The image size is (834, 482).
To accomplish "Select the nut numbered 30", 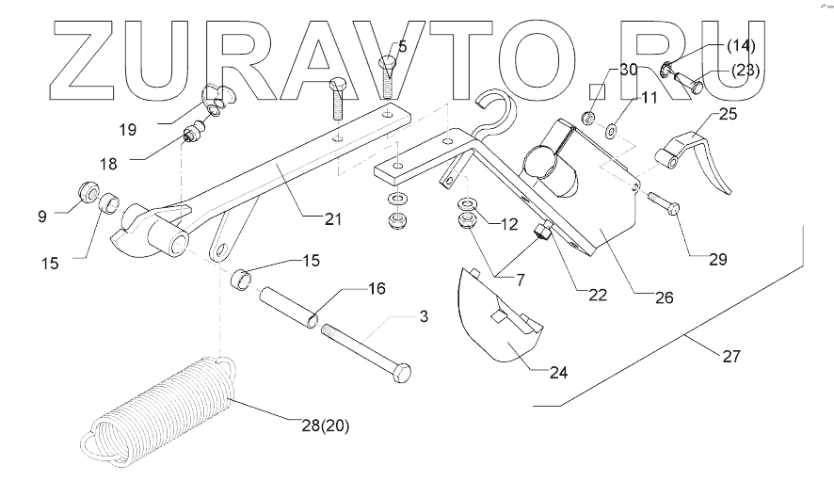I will pos(587,119).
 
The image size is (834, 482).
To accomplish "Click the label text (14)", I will pos(739,45).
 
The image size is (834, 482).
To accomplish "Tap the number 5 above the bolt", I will pos(402,44).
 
